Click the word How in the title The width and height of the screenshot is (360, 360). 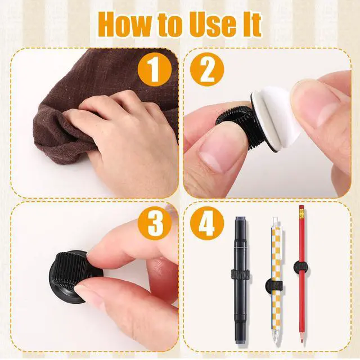coord(125,25)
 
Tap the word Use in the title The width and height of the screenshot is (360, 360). coord(213,25)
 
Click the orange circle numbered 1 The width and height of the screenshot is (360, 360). coord(155,69)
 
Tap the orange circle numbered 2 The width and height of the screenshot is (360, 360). coord(207,69)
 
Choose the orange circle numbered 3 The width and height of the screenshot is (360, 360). coord(155,223)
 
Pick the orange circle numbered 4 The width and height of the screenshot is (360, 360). coord(207,223)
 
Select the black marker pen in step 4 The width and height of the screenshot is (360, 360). coord(240,280)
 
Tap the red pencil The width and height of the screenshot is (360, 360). coord(302,276)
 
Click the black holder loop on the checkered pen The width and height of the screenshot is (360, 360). coord(274,286)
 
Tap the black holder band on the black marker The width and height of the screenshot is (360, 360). coord(240,274)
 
